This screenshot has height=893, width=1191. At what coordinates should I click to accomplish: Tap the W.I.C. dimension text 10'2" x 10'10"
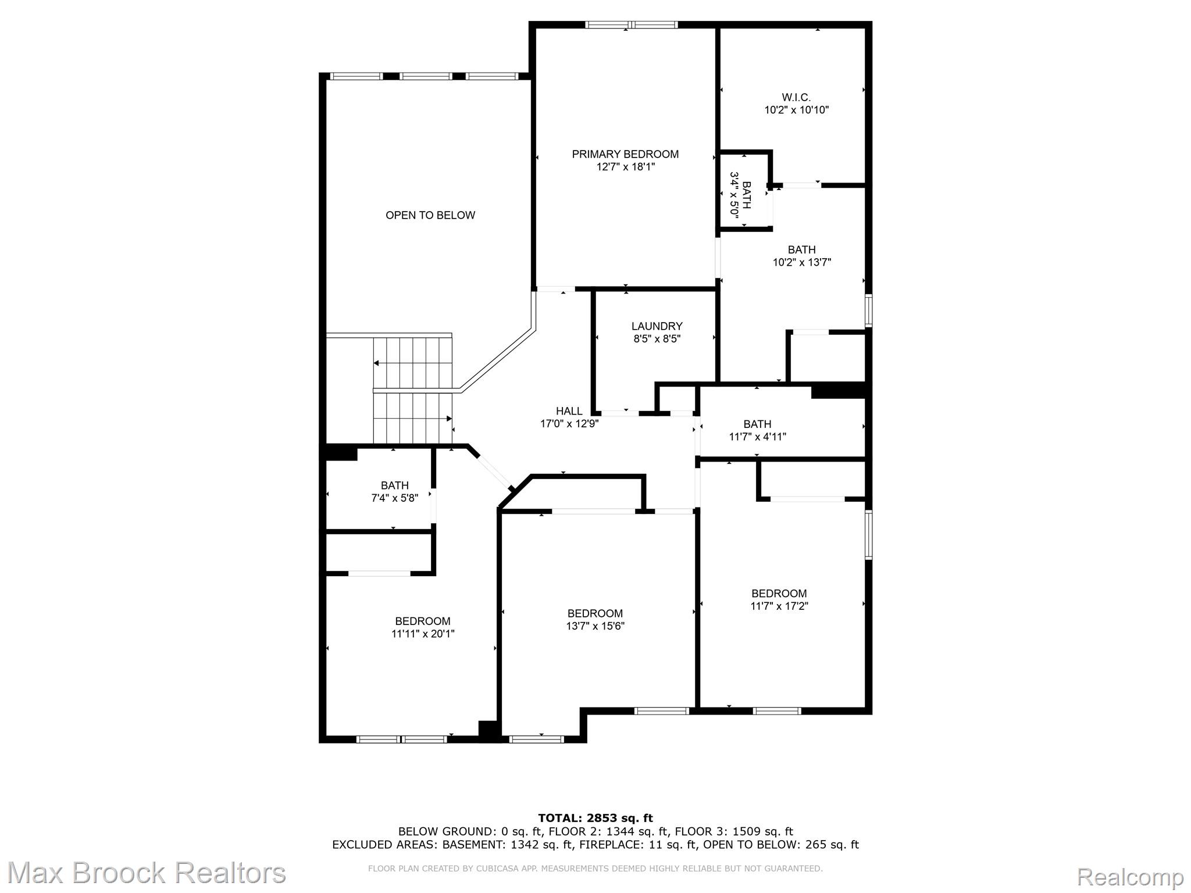click(x=796, y=110)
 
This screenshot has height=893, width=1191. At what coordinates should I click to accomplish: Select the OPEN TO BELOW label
click(x=430, y=215)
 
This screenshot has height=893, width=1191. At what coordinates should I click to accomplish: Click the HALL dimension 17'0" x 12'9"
click(x=569, y=424)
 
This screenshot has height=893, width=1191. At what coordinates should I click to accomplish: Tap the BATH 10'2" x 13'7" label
click(x=801, y=256)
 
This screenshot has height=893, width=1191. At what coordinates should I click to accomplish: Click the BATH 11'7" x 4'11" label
click(x=757, y=430)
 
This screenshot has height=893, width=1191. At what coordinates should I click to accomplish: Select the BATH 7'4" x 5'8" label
click(x=394, y=492)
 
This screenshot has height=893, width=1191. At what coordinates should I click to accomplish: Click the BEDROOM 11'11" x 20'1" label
click(x=423, y=627)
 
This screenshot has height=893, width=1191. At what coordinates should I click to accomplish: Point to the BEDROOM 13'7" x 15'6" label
click(x=595, y=620)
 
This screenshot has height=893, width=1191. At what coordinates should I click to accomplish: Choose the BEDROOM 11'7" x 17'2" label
click(x=779, y=599)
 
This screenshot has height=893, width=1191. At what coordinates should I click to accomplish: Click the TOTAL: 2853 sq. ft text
click(x=595, y=818)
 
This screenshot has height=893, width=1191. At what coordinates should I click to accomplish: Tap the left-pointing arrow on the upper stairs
click(x=377, y=363)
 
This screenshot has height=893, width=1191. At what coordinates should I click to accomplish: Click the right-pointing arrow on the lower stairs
click(x=448, y=419)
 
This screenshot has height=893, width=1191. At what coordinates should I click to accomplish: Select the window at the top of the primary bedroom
click(x=632, y=25)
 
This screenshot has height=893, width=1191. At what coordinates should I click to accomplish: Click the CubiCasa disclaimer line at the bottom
click(x=595, y=869)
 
